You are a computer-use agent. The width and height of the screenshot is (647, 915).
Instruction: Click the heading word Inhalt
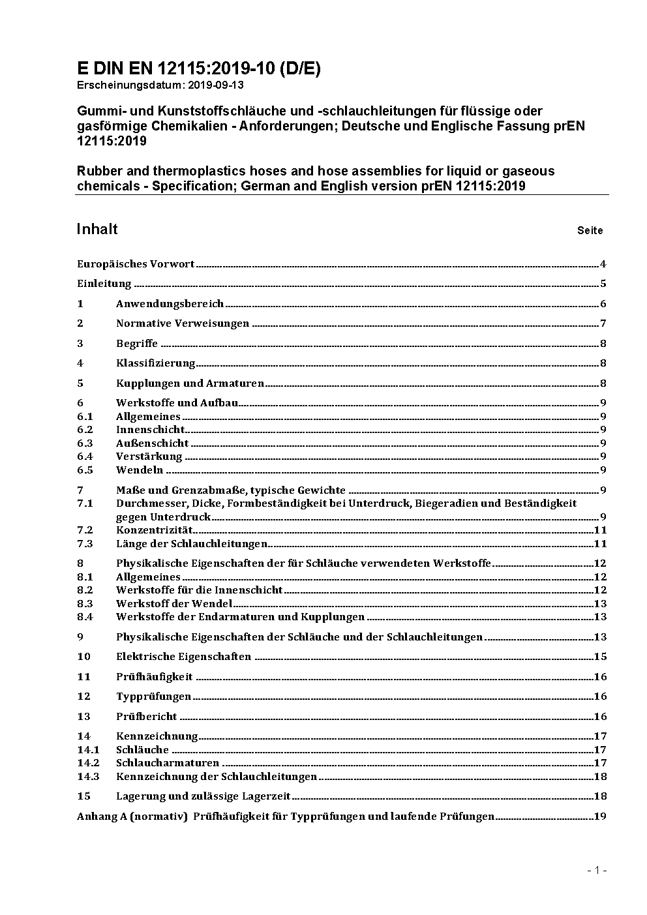click(x=97, y=229)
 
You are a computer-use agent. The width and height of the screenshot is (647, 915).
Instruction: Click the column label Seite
click(x=590, y=230)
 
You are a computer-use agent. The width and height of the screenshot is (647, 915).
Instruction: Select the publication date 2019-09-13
click(x=217, y=85)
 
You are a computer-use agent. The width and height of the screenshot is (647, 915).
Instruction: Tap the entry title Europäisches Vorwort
click(x=136, y=264)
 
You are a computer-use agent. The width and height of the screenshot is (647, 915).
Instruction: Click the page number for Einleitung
click(x=603, y=284)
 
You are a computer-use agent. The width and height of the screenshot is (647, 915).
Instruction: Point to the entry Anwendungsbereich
click(x=170, y=304)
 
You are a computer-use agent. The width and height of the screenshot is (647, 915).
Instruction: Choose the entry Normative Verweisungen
click(x=183, y=323)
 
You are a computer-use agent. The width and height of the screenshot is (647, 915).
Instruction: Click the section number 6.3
click(x=85, y=443)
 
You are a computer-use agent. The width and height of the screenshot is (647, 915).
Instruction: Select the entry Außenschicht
click(x=153, y=443)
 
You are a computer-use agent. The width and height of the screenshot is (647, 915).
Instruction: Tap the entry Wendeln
click(x=140, y=470)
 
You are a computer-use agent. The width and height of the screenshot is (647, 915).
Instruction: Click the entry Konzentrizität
click(x=155, y=530)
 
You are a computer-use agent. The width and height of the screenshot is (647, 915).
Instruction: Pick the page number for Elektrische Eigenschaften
click(x=600, y=657)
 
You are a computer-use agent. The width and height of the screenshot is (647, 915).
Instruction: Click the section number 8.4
click(x=85, y=617)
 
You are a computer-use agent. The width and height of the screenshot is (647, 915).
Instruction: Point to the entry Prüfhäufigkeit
click(x=155, y=677)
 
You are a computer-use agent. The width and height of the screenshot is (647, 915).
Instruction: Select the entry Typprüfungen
click(x=154, y=697)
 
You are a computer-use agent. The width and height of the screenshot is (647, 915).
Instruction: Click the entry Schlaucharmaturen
click(x=168, y=763)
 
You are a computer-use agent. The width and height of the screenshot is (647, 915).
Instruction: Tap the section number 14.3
click(x=88, y=777)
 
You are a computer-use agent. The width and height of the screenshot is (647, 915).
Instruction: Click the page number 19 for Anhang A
click(x=600, y=817)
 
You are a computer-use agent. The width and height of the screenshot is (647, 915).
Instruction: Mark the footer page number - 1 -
click(x=597, y=871)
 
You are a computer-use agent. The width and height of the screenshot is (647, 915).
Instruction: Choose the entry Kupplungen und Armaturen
click(x=190, y=383)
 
